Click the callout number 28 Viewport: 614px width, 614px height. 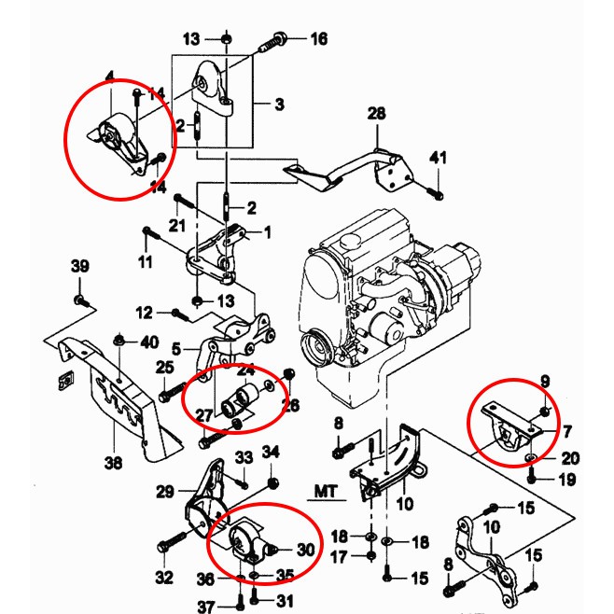point(376,114)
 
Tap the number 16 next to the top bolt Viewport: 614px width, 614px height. point(319,39)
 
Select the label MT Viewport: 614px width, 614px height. point(326,490)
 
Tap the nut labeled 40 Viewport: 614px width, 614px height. point(119,342)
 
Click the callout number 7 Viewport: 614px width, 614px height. point(566,431)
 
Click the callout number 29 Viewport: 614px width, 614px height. point(165,492)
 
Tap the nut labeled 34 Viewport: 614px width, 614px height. point(272,482)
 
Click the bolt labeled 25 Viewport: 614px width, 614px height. point(171,396)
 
